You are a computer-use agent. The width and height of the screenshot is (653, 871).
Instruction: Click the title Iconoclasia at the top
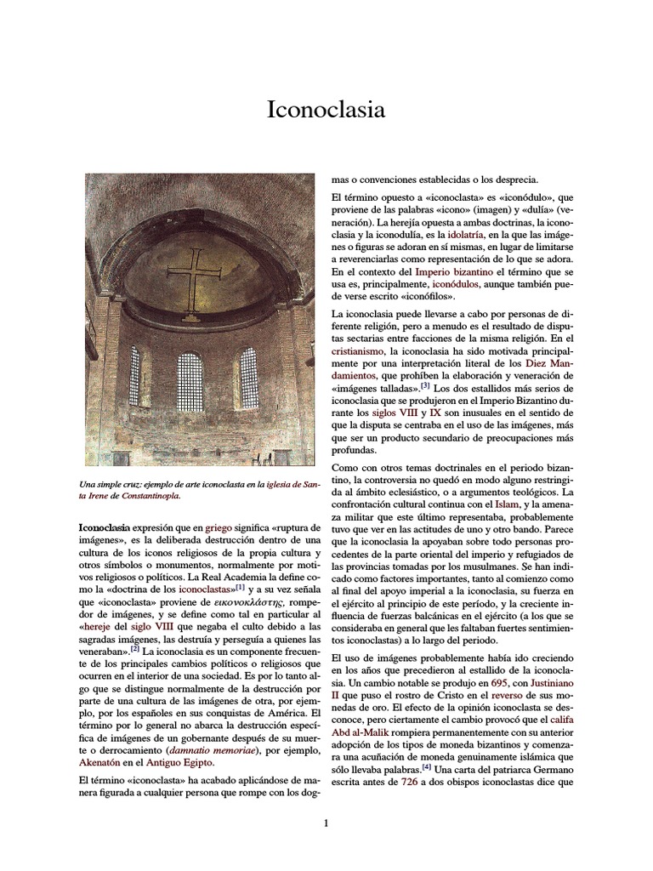tap(326, 110)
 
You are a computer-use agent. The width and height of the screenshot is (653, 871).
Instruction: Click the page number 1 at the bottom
tap(326, 823)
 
